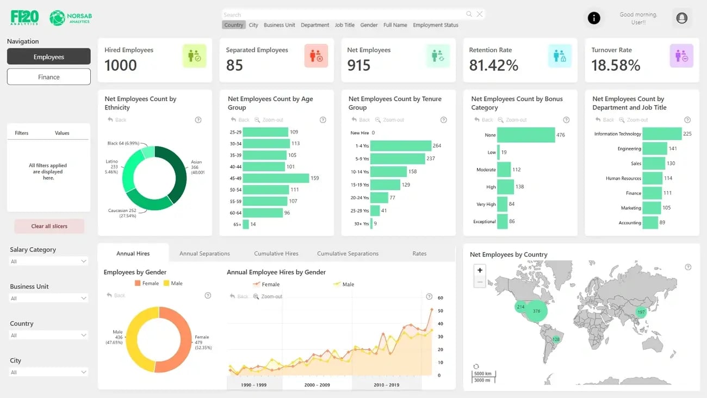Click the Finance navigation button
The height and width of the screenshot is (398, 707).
pos(48,77)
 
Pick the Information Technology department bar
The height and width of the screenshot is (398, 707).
pos(662,134)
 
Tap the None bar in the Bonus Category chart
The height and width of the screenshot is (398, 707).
pos(525,135)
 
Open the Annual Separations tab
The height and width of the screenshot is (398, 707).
pos(204,253)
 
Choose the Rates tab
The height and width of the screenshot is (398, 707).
pos(419,253)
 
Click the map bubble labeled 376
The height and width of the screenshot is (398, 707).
pos(536,311)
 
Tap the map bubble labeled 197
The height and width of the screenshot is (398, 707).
pos(641,312)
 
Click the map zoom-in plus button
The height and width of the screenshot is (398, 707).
pos(480,270)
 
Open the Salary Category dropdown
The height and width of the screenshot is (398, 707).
pos(48,261)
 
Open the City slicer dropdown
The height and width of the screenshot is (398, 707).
pos(48,372)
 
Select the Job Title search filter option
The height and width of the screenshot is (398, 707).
pos(344,25)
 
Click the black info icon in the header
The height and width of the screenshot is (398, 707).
pos(594,18)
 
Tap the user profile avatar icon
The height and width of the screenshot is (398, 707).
pos(681,18)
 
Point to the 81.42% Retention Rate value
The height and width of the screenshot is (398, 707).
pos(493,65)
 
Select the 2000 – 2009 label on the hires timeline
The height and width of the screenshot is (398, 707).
pos(317,384)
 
